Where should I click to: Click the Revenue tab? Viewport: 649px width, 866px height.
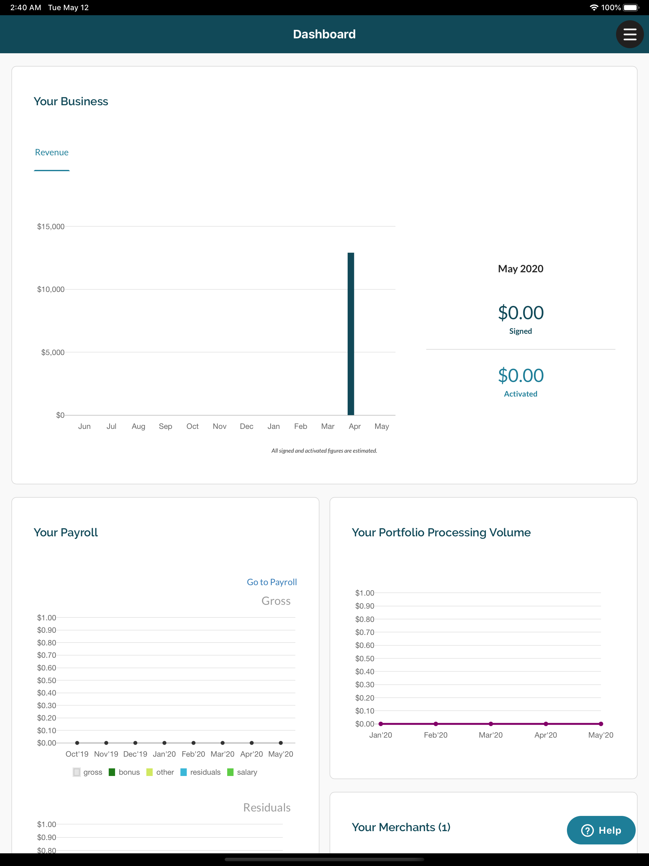pos(52,152)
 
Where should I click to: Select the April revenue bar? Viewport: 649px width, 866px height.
pos(351,333)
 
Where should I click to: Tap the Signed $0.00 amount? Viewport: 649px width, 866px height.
pos(521,313)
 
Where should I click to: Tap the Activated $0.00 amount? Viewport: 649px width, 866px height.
pos(521,375)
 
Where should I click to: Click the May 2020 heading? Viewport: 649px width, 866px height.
pos(521,268)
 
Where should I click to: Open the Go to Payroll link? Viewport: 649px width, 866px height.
pos(272,582)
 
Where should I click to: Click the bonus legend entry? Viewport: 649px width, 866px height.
pos(124,772)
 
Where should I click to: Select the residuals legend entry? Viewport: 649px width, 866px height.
pos(200,772)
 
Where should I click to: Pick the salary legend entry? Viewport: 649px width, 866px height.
pos(242,772)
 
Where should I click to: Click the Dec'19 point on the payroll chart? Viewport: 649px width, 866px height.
pos(135,743)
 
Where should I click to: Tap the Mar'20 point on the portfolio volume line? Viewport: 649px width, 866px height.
pos(491,724)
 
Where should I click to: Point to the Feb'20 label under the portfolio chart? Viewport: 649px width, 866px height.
pos(436,735)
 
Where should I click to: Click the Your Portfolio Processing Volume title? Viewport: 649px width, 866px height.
pos(441,533)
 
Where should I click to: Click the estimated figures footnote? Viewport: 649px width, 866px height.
pos(324,451)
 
